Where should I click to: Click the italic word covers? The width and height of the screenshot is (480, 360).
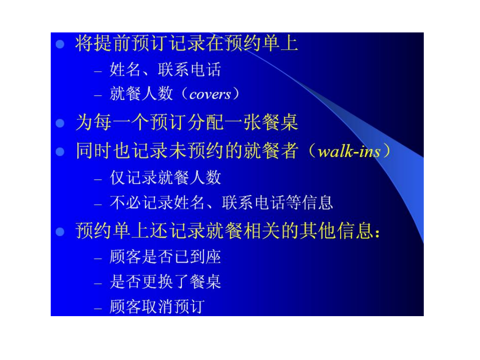click(210, 95)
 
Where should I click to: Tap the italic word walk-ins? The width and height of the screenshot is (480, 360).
click(349, 151)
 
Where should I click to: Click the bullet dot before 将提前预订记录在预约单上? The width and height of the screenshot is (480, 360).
click(60, 44)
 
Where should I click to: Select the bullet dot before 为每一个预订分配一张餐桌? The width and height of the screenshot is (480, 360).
click(60, 123)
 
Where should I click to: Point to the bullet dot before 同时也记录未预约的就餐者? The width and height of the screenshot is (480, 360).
click(60, 152)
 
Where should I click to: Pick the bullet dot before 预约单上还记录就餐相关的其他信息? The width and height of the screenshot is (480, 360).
click(60, 232)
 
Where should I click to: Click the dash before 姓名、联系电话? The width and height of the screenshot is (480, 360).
click(98, 72)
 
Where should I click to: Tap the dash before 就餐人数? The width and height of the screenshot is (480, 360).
click(98, 96)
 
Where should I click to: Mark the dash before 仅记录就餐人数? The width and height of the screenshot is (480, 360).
click(98, 180)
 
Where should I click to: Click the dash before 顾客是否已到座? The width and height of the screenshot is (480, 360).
click(98, 259)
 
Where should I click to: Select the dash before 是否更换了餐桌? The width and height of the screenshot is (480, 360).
click(98, 284)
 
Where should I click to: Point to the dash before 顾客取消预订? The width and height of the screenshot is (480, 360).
click(98, 309)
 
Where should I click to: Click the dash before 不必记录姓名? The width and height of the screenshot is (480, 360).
click(98, 204)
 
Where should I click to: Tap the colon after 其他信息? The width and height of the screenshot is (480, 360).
click(377, 233)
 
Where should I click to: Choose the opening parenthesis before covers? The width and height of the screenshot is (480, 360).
click(184, 94)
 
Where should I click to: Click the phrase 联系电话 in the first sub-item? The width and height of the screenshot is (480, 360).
click(189, 69)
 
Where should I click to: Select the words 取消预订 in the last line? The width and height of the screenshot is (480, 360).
click(173, 307)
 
